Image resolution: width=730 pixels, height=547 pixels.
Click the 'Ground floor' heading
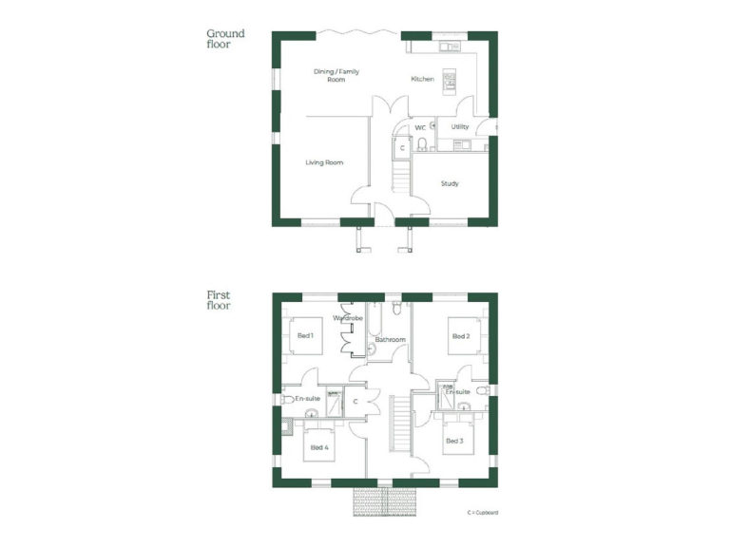[225, 38]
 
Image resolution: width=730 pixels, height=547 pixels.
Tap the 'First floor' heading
[219, 300]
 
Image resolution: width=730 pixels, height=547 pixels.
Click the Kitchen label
[422, 79]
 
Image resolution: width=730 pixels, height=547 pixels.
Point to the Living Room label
[324, 162]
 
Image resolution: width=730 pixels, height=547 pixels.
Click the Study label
[450, 183]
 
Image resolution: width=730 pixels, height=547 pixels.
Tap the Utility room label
[460, 126]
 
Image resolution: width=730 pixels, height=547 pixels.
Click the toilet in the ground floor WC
[421, 144]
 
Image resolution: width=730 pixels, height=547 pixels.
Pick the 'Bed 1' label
[305, 335]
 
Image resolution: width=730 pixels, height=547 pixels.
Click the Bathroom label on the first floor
[390, 339]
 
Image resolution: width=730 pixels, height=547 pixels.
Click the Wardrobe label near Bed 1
[348, 318]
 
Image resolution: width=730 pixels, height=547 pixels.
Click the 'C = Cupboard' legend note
[483, 513]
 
